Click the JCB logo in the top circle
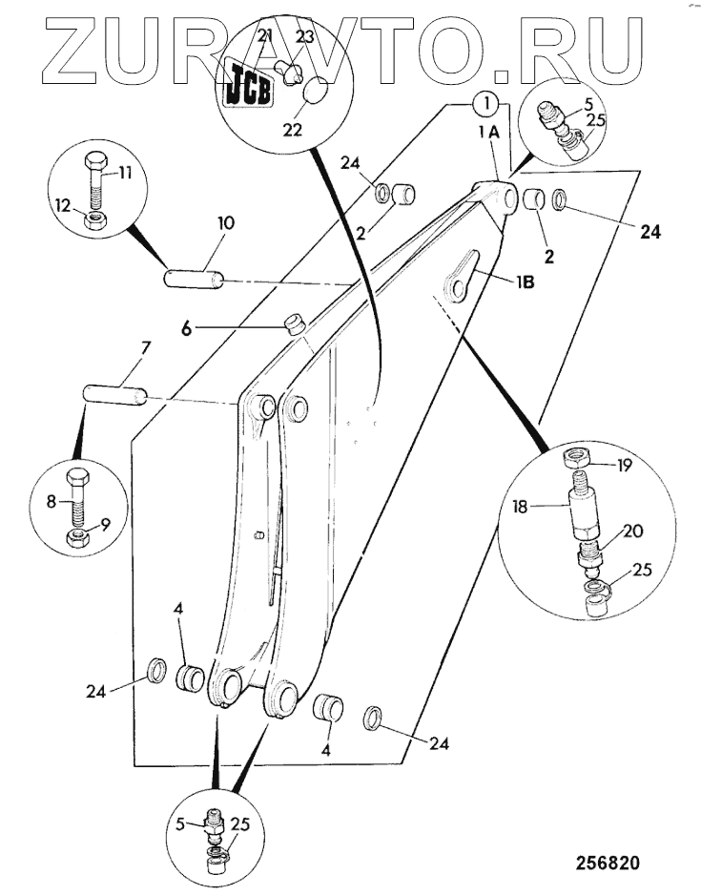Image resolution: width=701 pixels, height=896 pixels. (x=247, y=83)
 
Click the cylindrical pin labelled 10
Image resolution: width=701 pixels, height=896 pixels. (x=194, y=280)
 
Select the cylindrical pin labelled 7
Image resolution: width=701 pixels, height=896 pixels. (x=113, y=392)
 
